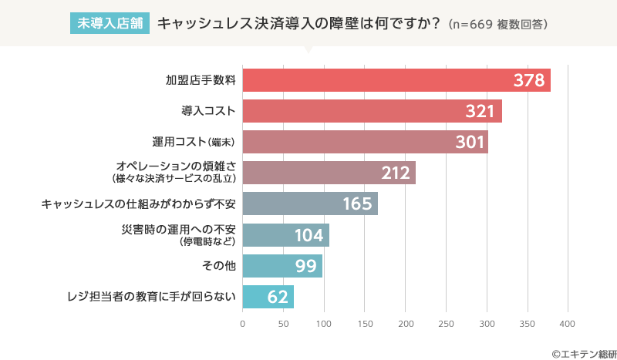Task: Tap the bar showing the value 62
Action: [x=268, y=297]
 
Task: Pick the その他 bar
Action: [x=282, y=266]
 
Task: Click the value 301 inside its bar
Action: [x=470, y=143]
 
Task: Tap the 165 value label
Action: [x=358, y=204]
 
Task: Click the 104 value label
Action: [x=308, y=235]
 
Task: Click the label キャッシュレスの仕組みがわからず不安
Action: [x=139, y=204]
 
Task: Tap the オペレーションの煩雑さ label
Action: [x=175, y=167]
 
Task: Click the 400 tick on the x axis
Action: [x=568, y=323]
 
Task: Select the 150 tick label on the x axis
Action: [x=365, y=323]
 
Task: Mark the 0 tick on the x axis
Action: [x=243, y=323]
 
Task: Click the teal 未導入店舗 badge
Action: [x=110, y=23]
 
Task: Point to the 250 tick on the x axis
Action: [x=446, y=323]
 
